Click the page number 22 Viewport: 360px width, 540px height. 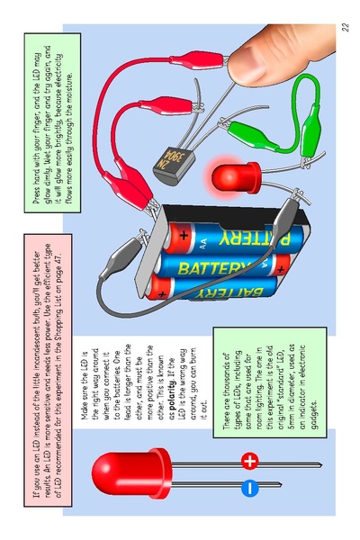pyautogui.click(x=345, y=27)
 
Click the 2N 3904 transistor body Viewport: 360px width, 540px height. pyautogui.click(x=174, y=166)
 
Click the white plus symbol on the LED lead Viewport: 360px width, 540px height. pyautogui.click(x=250, y=461)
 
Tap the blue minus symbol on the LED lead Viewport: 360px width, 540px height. pyautogui.click(x=250, y=488)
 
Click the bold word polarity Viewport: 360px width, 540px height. pyautogui.click(x=172, y=394)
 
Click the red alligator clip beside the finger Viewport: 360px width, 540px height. pyautogui.click(x=197, y=60)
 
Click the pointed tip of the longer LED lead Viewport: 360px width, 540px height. pyautogui.click(x=321, y=465)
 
